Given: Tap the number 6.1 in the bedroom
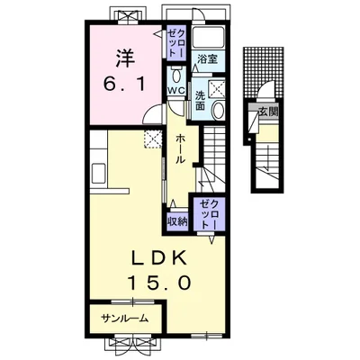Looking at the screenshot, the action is coord(124,84).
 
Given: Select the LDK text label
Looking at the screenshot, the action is coord(159,258).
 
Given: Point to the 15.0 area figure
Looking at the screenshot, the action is coord(159,283).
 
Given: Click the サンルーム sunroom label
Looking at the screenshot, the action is coord(125,319).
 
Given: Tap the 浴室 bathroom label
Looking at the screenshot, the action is coord(207,58).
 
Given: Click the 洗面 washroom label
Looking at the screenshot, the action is coord(200,100).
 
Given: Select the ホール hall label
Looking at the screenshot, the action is coord(180,148).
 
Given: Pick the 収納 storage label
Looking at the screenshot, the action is coord(177,221).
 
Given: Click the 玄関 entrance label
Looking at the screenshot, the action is coord(268,112).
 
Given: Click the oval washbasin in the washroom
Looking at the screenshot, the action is coord(218,110).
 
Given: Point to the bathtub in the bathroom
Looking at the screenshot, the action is coord(209,37).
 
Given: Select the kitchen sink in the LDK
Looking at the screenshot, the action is coord(98,174).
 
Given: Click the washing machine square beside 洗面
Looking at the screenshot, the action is coord(217,88).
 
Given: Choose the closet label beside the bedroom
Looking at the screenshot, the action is coord(176,41).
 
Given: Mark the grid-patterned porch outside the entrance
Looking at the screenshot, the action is coord(264,72).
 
